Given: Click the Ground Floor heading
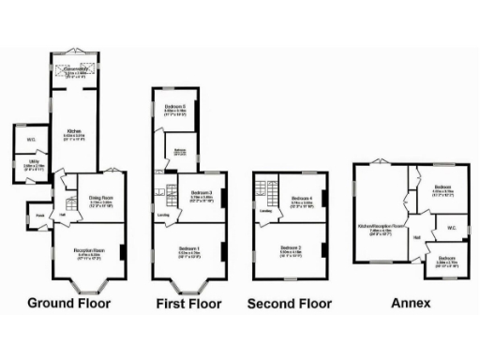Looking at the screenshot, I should (68, 303).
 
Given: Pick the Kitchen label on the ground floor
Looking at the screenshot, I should (73, 132).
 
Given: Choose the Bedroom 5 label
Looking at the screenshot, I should (176, 107).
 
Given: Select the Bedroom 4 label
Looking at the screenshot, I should (301, 199).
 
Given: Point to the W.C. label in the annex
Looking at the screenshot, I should (451, 227).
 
